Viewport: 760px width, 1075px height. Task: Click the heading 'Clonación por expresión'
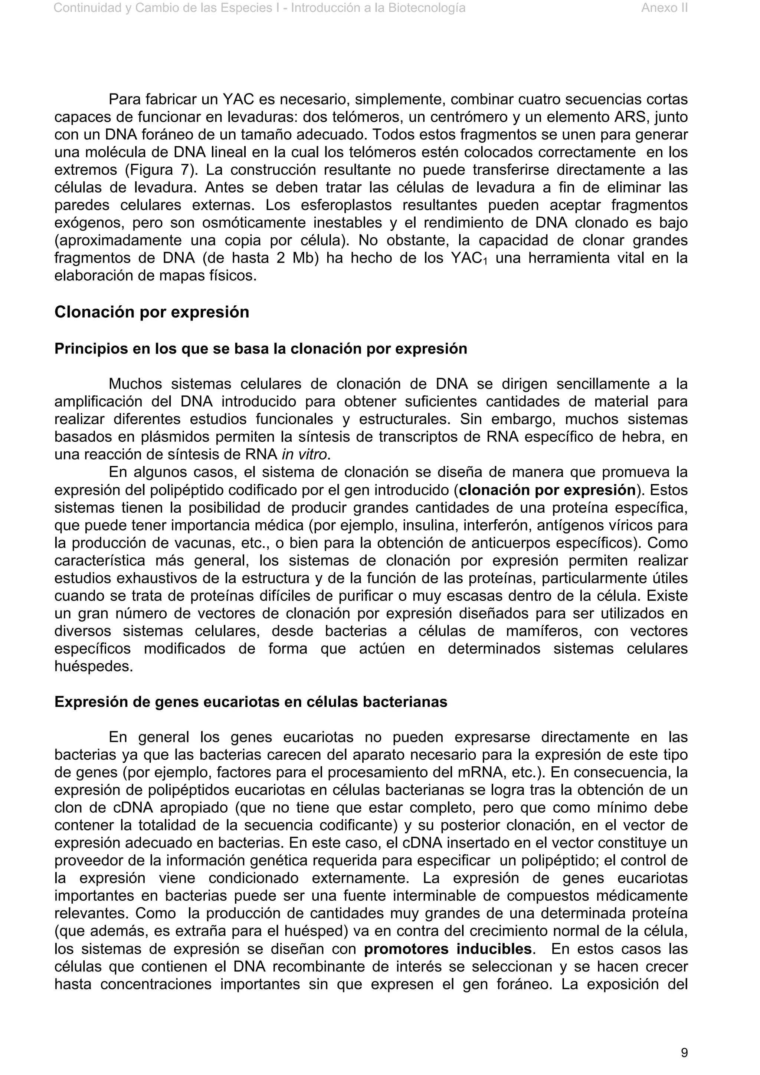(152, 312)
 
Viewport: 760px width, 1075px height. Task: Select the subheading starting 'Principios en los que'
(261, 349)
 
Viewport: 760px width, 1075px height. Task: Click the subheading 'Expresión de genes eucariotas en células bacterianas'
(250, 702)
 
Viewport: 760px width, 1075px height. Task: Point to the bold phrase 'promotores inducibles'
(448, 949)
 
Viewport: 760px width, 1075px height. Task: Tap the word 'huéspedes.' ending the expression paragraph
(94, 666)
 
